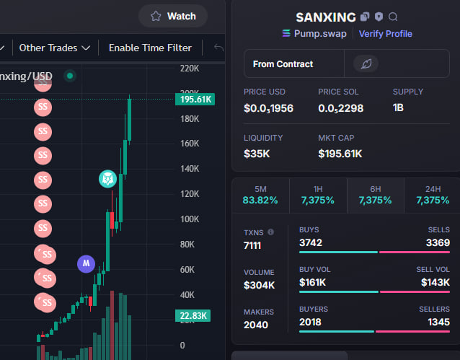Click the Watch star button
tap(173, 16)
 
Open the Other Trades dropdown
tap(55, 48)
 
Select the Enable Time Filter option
tap(150, 48)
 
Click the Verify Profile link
tap(386, 34)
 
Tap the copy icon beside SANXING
tap(365, 17)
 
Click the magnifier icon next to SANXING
tap(393, 17)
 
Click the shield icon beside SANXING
tap(379, 17)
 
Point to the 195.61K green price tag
tap(195, 100)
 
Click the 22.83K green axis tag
tap(193, 316)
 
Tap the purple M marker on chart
tap(86, 263)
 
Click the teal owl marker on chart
tap(107, 179)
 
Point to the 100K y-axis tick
tap(190, 219)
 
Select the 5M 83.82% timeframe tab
tap(260, 195)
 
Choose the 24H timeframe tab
tap(433, 195)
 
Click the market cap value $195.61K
tap(340, 154)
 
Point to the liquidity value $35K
tap(257, 154)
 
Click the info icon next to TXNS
tap(271, 232)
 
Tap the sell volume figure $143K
tap(435, 282)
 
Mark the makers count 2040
tap(256, 325)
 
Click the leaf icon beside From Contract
tap(366, 63)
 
